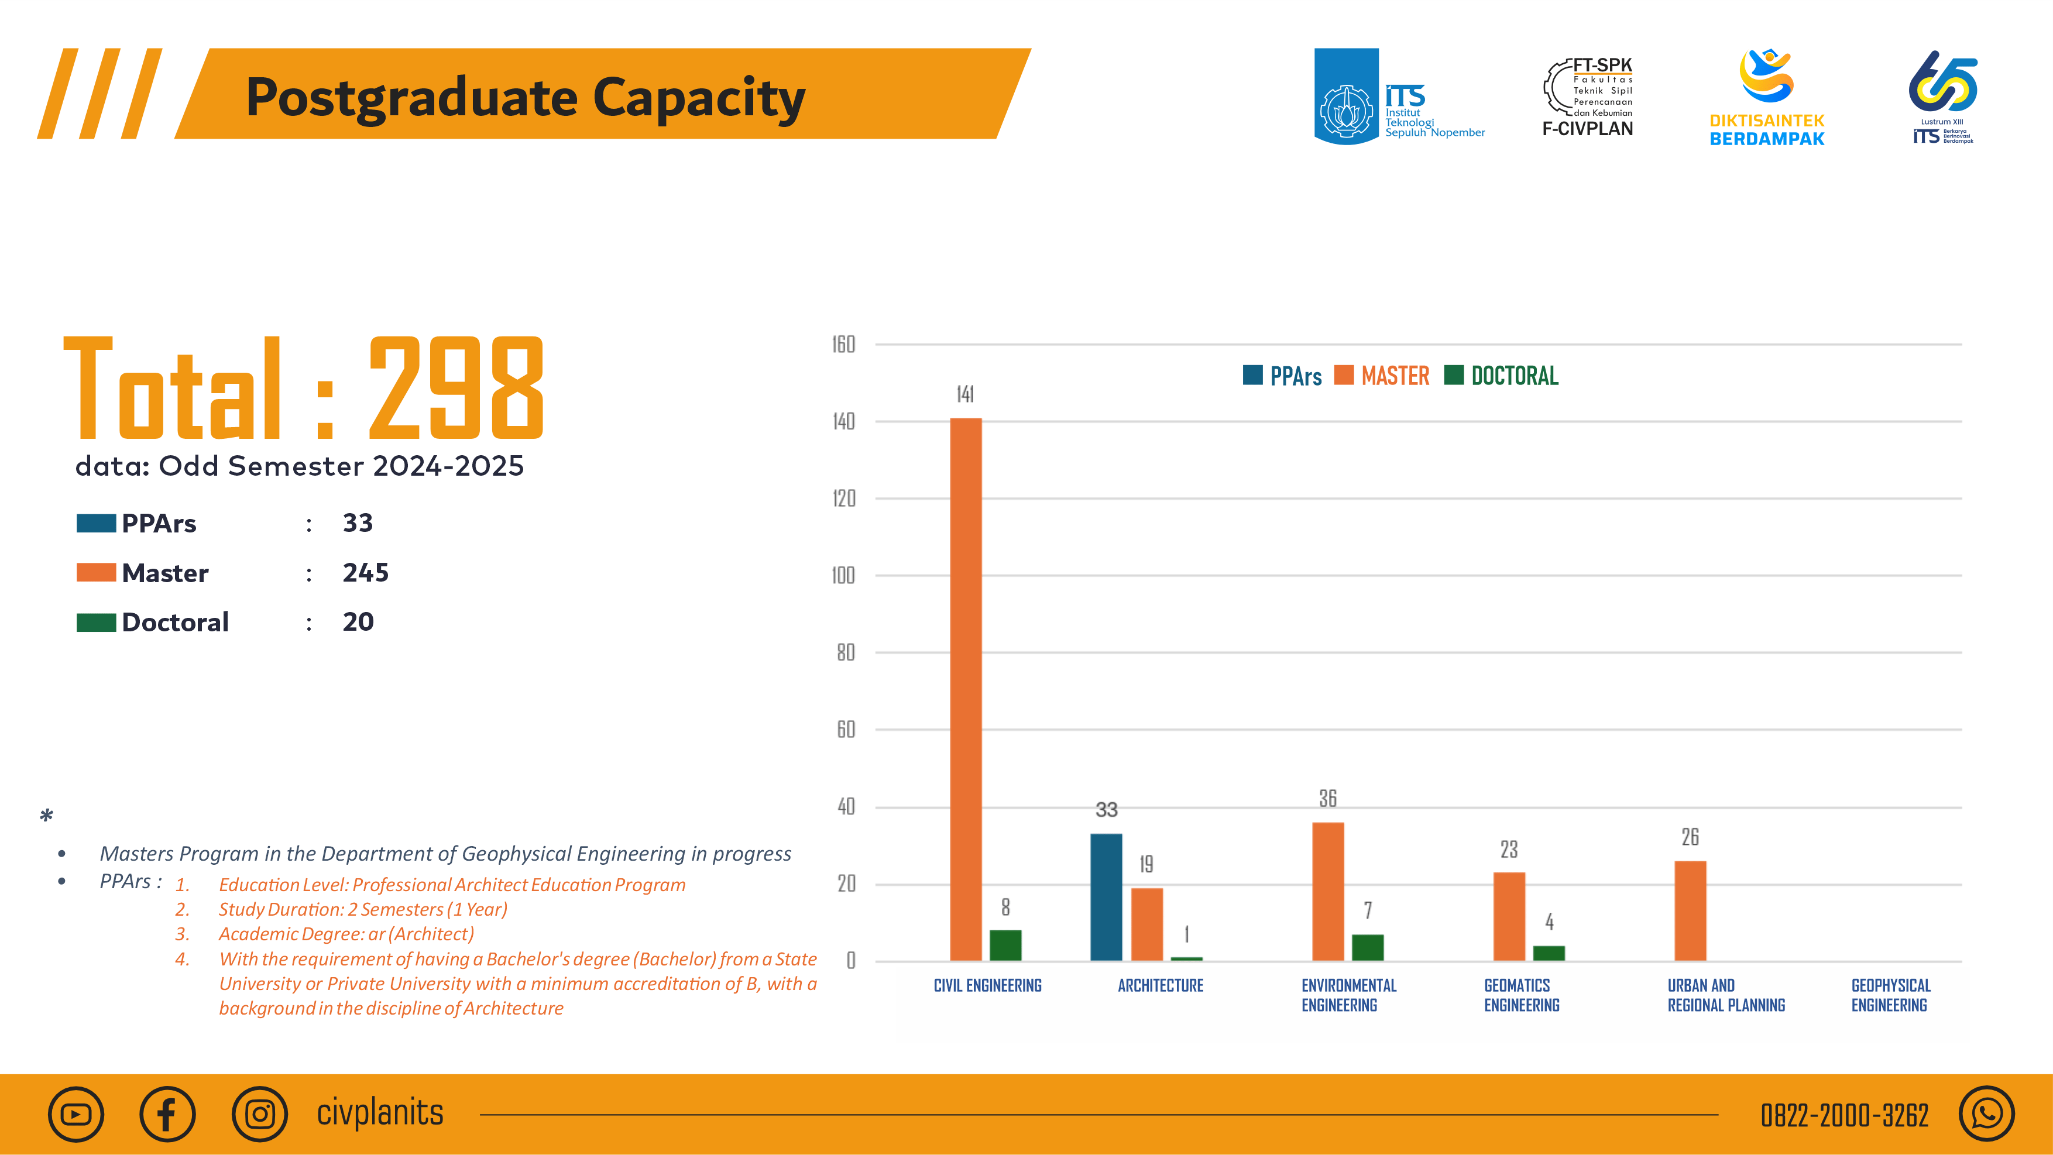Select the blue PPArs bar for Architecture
pos(1106,897)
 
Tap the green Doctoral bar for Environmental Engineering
pos(1368,947)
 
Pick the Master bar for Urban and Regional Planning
pos(1690,910)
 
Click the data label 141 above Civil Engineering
pos(965,394)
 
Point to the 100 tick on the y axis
pos(843,575)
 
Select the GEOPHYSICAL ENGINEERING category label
pos(1890,995)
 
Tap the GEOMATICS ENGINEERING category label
pos(1520,995)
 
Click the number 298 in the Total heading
pos(456,388)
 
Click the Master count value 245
pos(365,573)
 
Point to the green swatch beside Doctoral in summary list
pos(95,622)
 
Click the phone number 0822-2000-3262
pos(1844,1115)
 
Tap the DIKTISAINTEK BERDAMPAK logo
pos(1766,97)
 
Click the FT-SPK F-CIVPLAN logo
pos(1588,97)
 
